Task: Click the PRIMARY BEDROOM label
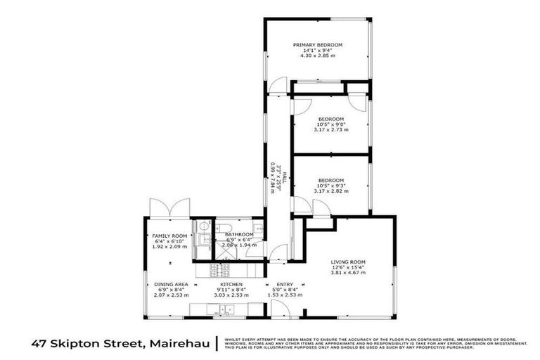[317, 45]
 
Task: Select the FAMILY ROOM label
[169, 236]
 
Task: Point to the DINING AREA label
[169, 285]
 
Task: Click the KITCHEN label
[231, 285]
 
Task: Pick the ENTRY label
[285, 285]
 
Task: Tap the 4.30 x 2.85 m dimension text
[317, 56]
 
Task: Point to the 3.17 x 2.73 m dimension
[330, 129]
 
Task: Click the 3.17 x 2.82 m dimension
[330, 190]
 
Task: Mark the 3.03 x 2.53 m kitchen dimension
[231, 296]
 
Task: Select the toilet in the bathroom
[202, 226]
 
